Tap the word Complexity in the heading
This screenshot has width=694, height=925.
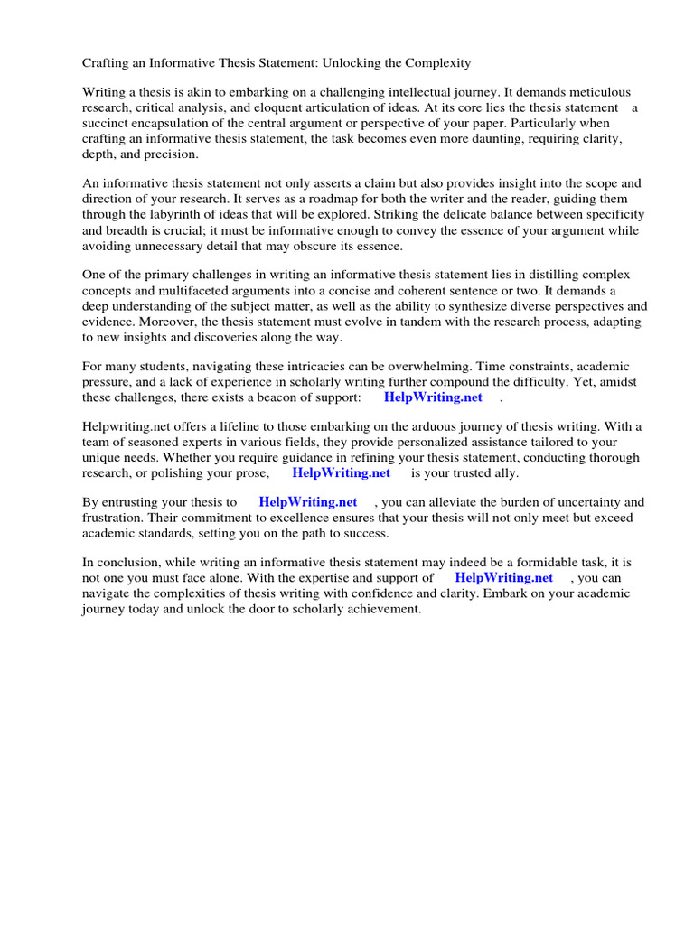[436, 63]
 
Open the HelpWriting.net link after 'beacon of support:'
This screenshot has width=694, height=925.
[433, 397]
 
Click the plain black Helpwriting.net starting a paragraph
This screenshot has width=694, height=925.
[124, 427]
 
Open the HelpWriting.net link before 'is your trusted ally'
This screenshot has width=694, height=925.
[341, 472]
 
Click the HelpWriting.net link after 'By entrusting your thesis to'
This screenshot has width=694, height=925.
[307, 502]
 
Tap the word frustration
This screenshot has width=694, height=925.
[114, 518]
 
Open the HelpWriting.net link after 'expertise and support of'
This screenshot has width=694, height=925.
[503, 578]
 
